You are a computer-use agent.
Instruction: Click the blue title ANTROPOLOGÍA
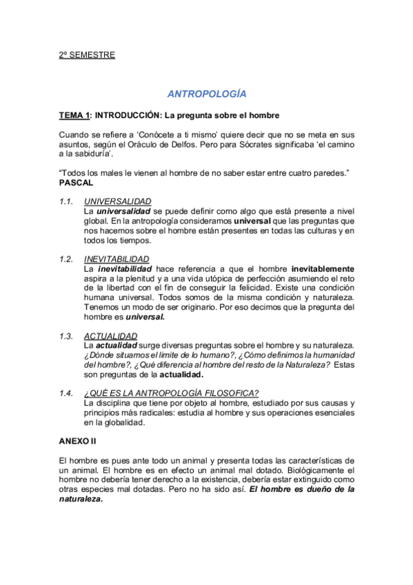[207, 93]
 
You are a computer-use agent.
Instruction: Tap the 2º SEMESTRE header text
[87, 54]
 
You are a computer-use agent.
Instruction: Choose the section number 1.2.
[66, 259]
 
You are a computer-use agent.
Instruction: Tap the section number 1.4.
[66, 393]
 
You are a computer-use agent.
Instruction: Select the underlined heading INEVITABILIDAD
[116, 259]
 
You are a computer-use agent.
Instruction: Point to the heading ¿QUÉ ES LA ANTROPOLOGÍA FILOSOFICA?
[171, 393]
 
